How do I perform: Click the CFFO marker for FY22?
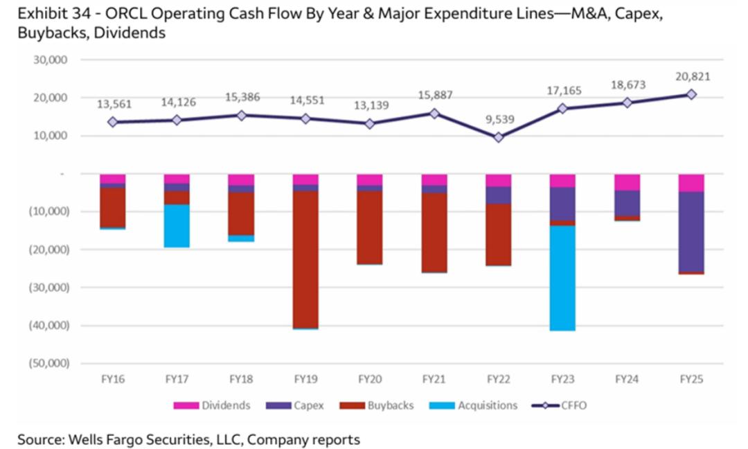click(498, 137)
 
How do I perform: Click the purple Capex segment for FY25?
click(691, 231)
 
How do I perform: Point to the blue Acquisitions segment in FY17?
click(177, 226)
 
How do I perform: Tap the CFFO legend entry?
click(561, 405)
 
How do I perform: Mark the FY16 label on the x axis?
click(112, 379)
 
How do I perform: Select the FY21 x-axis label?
click(434, 379)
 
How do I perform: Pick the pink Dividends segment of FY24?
click(627, 182)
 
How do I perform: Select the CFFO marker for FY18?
click(241, 115)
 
